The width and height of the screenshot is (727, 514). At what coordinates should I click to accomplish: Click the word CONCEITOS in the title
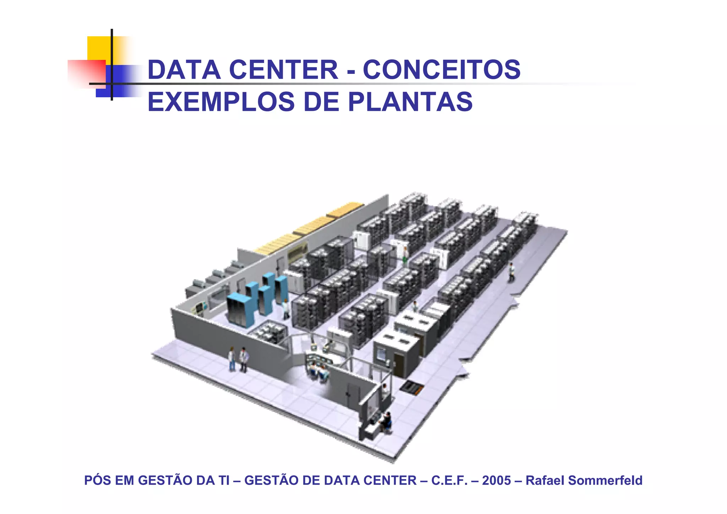pyautogui.click(x=441, y=70)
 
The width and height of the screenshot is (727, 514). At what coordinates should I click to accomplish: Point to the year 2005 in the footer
pyautogui.click(x=496, y=480)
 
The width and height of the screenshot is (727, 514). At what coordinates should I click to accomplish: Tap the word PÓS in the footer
pyautogui.click(x=97, y=480)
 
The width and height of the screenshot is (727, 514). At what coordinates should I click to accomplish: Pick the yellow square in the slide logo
pyautogui.click(x=98, y=48)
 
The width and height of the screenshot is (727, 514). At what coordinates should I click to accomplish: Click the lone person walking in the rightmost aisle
pyautogui.click(x=511, y=272)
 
